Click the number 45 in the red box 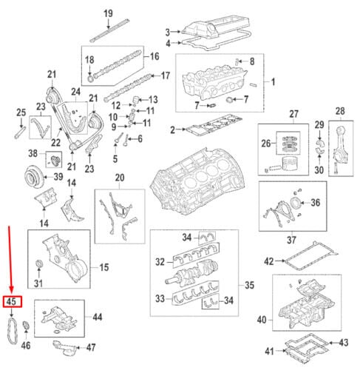tap(11, 301)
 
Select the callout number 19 tap(108, 13)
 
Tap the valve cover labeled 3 tap(215, 27)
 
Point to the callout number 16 tap(154, 56)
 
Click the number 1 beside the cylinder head tap(273, 81)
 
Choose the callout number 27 tap(294, 114)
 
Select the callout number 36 tap(316, 203)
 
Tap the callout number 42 tap(269, 261)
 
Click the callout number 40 tap(262, 320)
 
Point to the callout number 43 tap(344, 343)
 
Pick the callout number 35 tap(249, 285)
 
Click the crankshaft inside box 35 tap(191, 274)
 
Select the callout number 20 tap(120, 178)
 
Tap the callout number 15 tap(104, 267)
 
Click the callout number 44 tap(98, 317)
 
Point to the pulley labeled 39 tap(34, 175)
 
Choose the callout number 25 tap(21, 112)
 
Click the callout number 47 tap(91, 347)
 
